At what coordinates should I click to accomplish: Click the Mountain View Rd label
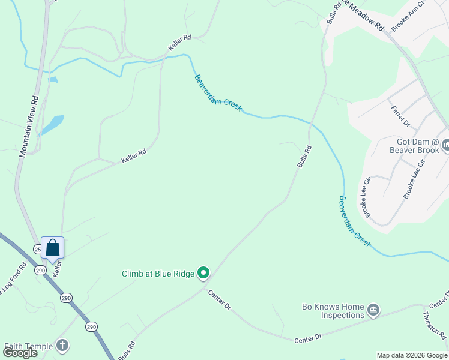click(x=29, y=127)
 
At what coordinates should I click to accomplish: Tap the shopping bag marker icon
click(x=52, y=248)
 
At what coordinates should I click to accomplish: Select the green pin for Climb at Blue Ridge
click(x=203, y=274)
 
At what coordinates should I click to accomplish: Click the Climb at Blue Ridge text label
click(x=158, y=274)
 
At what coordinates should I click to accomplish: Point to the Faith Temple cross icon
click(x=62, y=346)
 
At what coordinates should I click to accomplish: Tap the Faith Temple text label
click(x=29, y=346)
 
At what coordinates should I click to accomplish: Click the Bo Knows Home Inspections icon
click(x=373, y=310)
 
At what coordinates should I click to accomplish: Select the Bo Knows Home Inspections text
click(x=334, y=311)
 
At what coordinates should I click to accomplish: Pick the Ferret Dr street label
click(x=400, y=116)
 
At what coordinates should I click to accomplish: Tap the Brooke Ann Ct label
click(x=408, y=24)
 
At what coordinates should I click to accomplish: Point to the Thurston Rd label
click(x=435, y=324)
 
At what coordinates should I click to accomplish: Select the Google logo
click(x=20, y=353)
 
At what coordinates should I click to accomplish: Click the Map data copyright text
click(x=412, y=355)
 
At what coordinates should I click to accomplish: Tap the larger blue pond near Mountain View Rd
click(x=52, y=124)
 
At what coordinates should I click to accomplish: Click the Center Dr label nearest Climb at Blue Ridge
click(x=220, y=300)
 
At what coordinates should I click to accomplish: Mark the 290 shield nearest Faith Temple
click(x=91, y=326)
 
